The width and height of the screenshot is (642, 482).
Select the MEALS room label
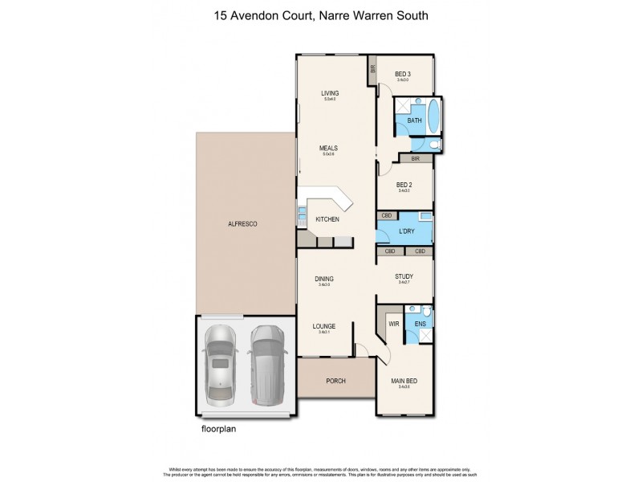tap(327, 148)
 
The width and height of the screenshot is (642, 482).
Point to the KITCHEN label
tap(327, 219)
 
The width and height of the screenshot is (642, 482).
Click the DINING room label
tap(324, 278)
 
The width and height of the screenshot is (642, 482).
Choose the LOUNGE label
tap(325, 326)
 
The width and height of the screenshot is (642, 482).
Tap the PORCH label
tap(336, 382)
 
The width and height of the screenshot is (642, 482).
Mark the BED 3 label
tap(404, 74)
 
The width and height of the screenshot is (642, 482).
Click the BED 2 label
tap(404, 185)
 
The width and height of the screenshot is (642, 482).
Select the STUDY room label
tap(404, 276)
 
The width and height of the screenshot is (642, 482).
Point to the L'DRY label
tap(406, 232)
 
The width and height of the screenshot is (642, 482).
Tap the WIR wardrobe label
tap(393, 324)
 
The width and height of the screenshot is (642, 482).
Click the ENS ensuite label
tap(420, 324)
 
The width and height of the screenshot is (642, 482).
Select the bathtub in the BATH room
tap(433, 117)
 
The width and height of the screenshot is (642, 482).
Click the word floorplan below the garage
tap(219, 428)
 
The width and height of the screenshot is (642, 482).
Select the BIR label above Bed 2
tap(415, 159)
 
